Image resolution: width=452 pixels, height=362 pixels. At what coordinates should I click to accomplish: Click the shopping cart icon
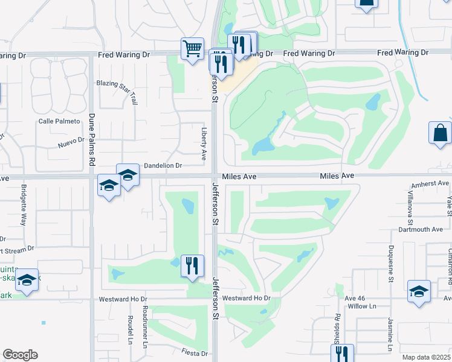pos(192,48)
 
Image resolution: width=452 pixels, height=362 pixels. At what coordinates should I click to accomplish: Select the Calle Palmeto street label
pos(59,121)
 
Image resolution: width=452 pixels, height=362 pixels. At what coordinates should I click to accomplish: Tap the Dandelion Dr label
pos(163,165)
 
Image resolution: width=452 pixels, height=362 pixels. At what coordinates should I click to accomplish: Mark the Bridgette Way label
pos(24,209)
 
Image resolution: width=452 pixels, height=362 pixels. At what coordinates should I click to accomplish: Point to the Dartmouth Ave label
pos(421,229)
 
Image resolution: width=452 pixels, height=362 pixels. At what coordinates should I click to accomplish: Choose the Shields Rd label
pos(337,325)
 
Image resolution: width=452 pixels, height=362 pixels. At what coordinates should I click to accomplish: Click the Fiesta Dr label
pos(195,353)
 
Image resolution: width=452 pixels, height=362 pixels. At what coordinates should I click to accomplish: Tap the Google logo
pos(20,355)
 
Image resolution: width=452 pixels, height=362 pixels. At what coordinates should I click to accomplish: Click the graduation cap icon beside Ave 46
pos(419,292)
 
